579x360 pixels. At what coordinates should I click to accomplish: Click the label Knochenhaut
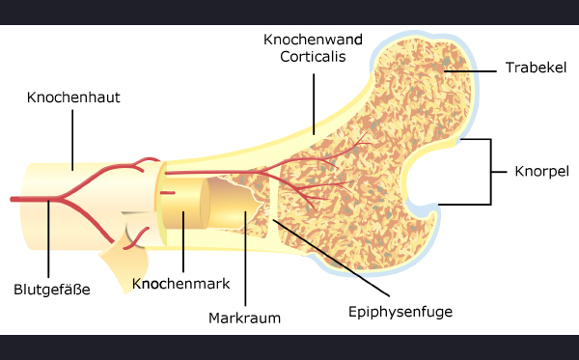pos(73,97)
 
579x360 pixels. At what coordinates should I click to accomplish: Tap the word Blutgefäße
pos(52,290)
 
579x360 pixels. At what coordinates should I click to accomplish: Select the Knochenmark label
pos(181,284)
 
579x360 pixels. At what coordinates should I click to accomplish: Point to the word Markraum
pos(244,318)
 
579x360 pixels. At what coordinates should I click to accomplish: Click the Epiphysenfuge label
pos(400,312)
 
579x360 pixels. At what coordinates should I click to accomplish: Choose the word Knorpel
pos(541,172)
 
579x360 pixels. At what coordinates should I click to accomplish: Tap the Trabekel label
pos(536,68)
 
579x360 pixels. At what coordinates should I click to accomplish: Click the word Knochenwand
pos(313,40)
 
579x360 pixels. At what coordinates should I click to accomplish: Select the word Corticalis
pos(313,57)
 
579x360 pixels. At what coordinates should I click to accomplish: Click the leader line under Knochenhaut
pos(72,140)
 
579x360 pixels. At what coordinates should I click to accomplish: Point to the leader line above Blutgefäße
pos(48,238)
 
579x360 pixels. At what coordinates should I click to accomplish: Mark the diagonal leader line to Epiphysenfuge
pos(331,258)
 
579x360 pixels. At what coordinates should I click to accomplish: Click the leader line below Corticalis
pos(314,104)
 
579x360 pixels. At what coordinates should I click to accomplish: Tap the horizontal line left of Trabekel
pos(470,70)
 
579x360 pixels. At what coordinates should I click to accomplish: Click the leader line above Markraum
pos(245,259)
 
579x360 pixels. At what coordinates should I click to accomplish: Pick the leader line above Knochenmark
pos(183,242)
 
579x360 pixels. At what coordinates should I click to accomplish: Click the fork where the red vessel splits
pos(62,199)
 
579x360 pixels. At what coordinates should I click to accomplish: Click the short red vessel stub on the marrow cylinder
pos(167,193)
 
